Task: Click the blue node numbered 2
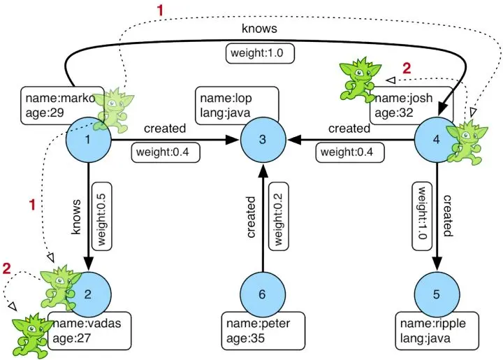[89, 294]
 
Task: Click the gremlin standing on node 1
[112, 108]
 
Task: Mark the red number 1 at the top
[162, 10]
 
